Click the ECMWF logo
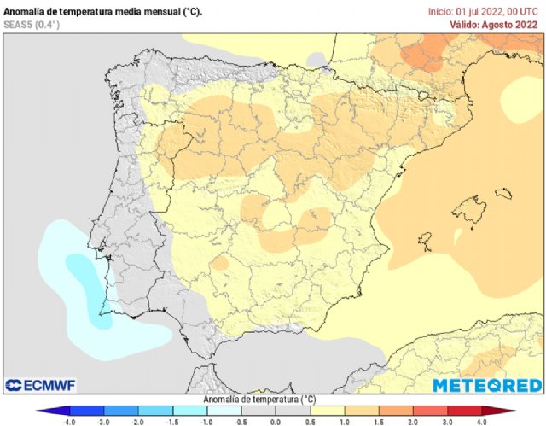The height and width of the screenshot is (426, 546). pos(42,385)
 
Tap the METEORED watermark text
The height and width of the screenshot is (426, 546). pos(485,386)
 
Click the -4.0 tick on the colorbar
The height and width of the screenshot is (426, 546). pos(70,421)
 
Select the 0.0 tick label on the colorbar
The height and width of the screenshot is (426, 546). pos(276,421)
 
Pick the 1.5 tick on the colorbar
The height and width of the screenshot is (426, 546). pos(377,421)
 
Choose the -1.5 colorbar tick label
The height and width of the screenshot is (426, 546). pos(172,421)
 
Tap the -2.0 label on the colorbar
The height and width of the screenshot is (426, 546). pos(138,421)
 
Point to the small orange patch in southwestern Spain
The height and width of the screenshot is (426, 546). pos(220,265)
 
